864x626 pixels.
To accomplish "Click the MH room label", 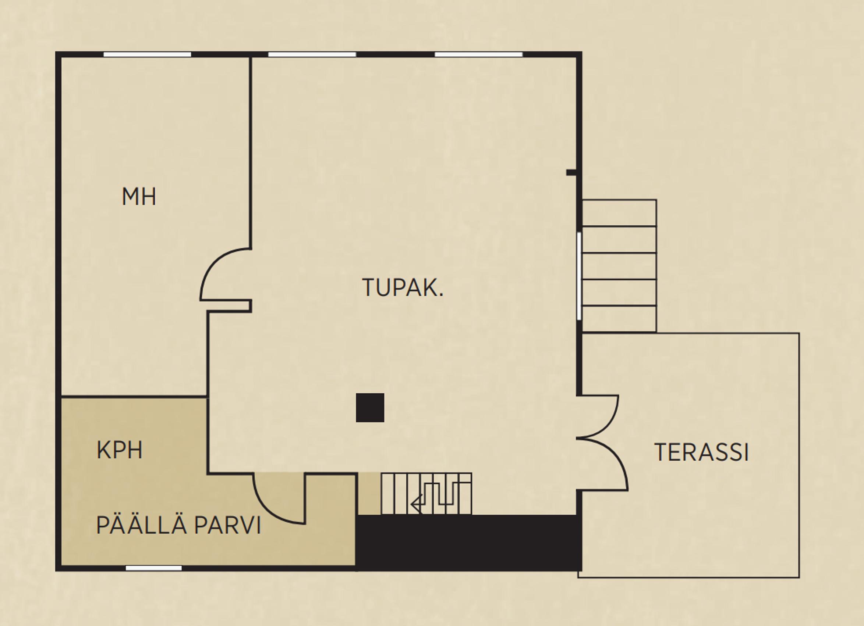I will (x=139, y=197).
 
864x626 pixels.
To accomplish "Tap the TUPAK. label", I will (x=403, y=288).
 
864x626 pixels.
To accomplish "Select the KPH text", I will (x=120, y=450).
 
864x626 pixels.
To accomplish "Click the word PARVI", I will (x=228, y=526).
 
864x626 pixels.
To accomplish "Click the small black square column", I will (x=370, y=408).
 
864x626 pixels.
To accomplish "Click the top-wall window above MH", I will (x=147, y=54).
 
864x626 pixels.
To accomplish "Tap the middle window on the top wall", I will (x=312, y=54).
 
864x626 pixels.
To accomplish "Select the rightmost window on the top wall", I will (x=478, y=54).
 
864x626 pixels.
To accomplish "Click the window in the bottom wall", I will (x=153, y=568).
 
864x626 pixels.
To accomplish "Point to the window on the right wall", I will (x=579, y=276).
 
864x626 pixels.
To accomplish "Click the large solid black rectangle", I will (x=468, y=543).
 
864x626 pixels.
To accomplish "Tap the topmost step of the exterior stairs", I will (x=619, y=213).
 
